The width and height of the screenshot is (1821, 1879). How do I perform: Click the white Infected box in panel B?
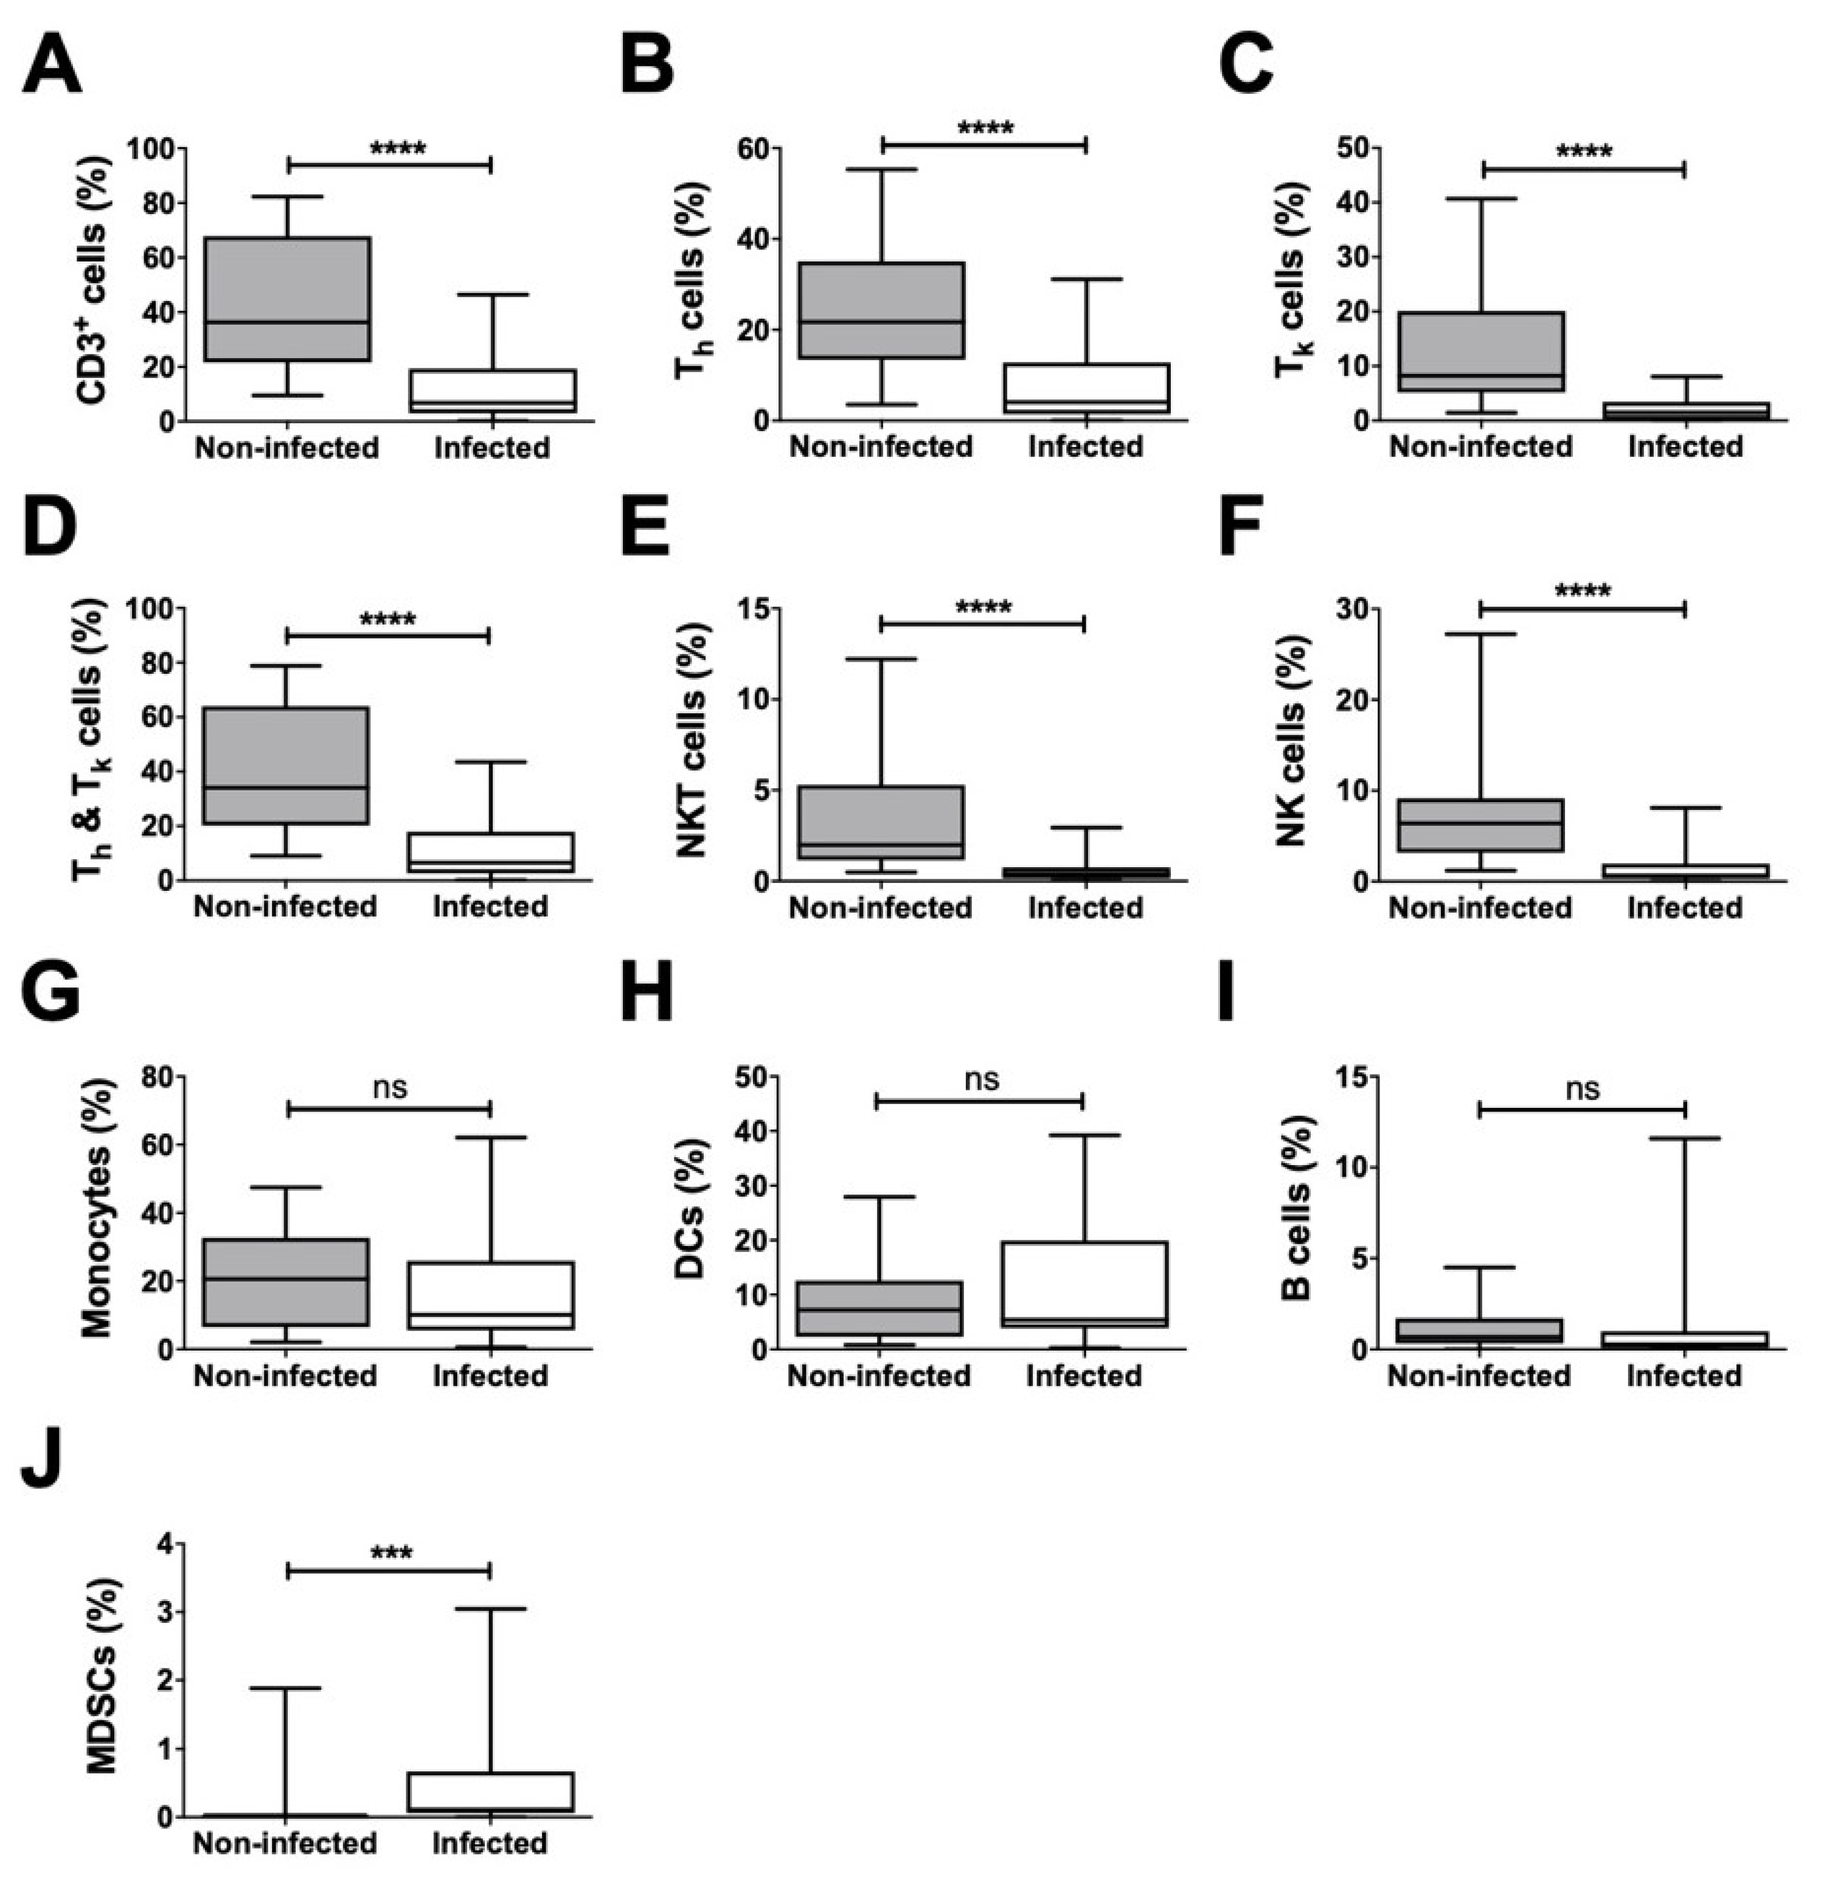click(x=1086, y=388)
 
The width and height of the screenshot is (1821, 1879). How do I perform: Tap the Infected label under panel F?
click(x=1684, y=907)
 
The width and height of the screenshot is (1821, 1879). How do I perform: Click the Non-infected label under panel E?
click(x=880, y=907)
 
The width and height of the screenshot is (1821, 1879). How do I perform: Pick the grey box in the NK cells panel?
click(x=1480, y=825)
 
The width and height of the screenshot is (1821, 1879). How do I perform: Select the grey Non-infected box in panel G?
click(x=286, y=1282)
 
